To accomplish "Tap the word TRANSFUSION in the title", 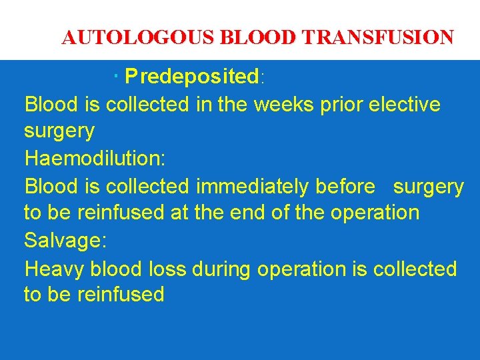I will [x=378, y=38].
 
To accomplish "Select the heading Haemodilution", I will [x=95, y=159].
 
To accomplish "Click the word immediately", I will [x=256, y=187].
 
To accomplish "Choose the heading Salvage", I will [x=65, y=241].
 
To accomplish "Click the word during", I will [x=221, y=269].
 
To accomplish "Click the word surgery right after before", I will [x=429, y=187].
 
